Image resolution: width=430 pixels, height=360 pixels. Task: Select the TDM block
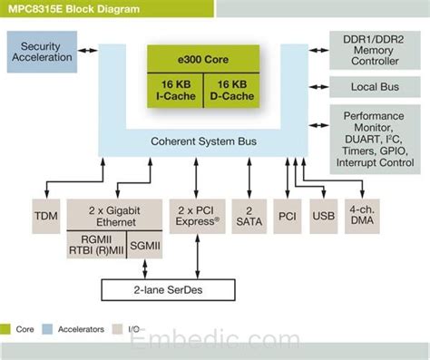coord(45,218)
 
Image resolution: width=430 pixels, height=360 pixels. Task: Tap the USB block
coord(323,218)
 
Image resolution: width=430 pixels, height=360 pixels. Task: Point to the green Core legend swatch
coord(7,328)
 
